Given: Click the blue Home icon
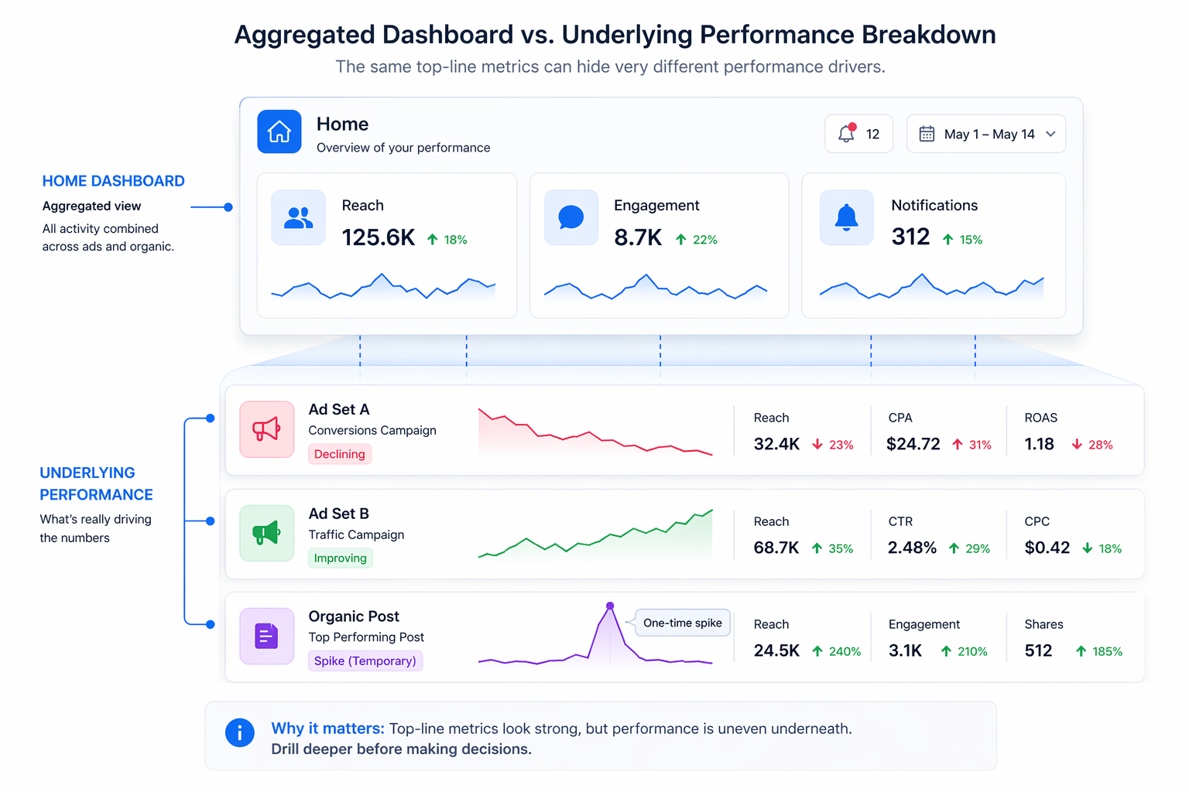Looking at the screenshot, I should tap(279, 131).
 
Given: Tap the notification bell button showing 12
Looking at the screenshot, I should tap(858, 134).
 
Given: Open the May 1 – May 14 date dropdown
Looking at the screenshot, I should tap(986, 134).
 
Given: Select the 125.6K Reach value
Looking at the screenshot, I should tap(379, 237).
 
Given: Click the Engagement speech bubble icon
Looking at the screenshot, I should tap(571, 217).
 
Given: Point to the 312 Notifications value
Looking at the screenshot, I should tap(910, 237).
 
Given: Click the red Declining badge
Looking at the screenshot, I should tap(340, 454).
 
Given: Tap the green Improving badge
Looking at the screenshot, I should tap(341, 558).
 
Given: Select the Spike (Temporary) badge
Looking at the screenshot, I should tap(365, 661).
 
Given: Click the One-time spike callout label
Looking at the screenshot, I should tap(682, 623).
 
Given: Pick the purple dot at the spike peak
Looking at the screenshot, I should tap(610, 606).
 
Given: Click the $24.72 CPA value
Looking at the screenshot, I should tap(913, 444).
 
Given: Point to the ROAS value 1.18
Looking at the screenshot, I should tap(1039, 444).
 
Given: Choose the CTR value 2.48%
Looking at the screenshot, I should tap(912, 548).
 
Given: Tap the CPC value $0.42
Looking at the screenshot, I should tap(1047, 548).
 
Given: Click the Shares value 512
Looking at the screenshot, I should tap(1038, 650).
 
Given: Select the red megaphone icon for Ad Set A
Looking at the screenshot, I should tap(266, 429).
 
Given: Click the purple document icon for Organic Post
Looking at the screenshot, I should tap(266, 636).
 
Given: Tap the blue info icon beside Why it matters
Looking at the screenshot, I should tap(239, 732).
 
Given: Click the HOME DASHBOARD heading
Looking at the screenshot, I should tap(113, 181).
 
